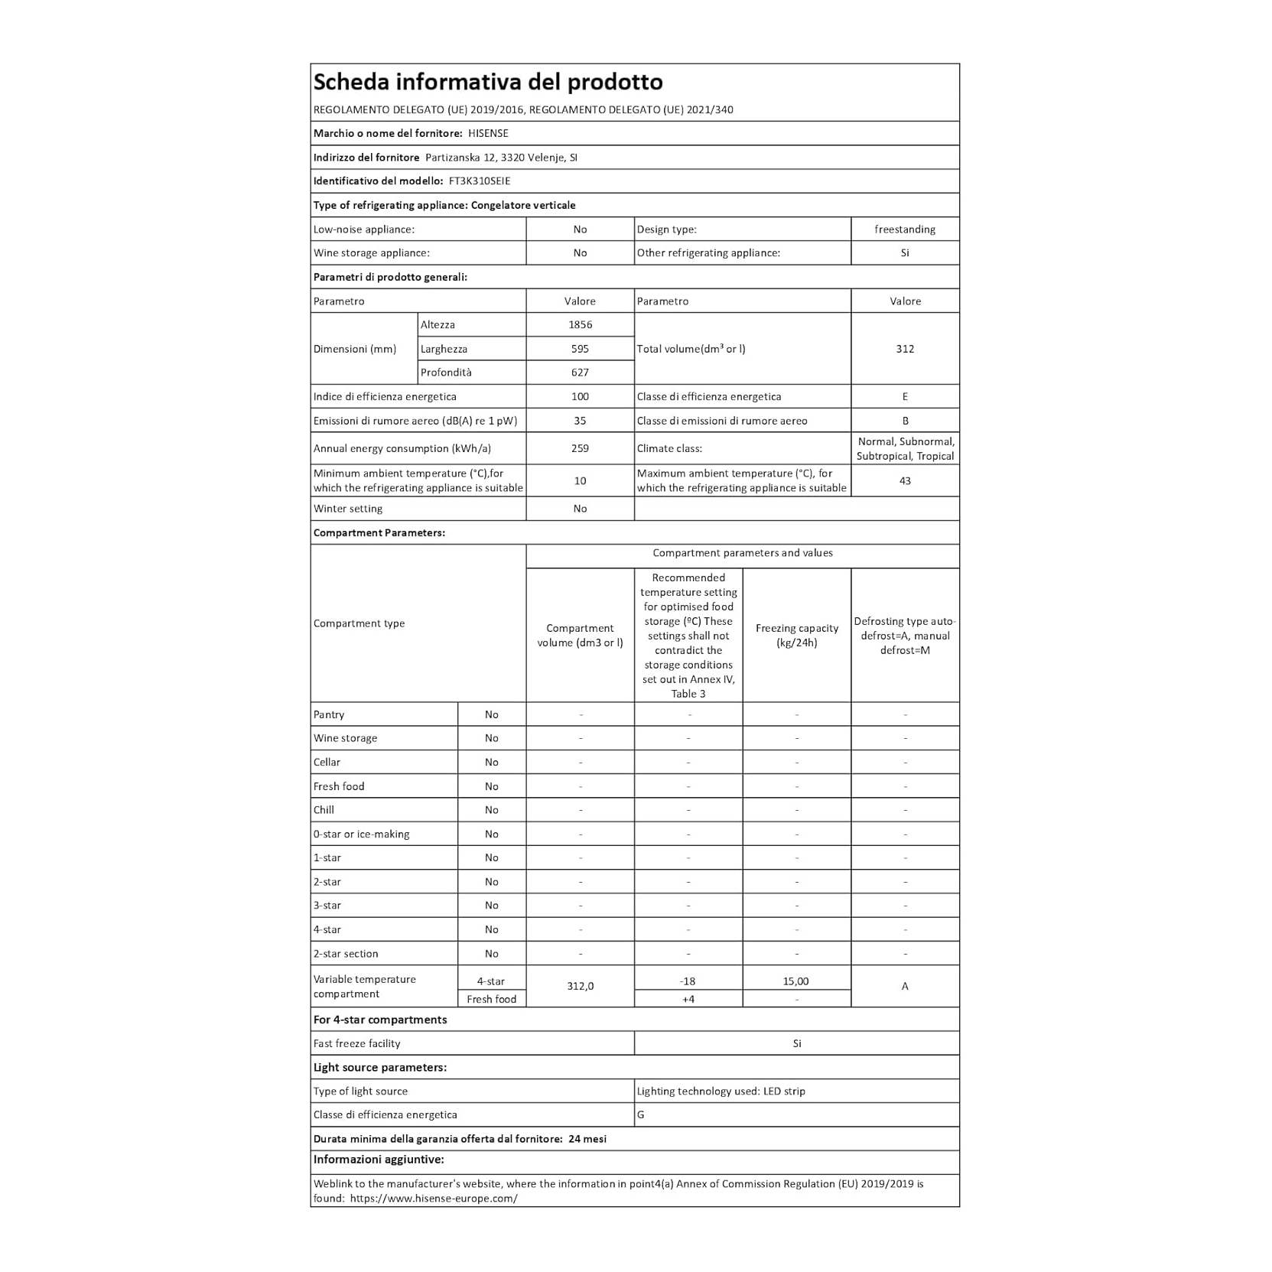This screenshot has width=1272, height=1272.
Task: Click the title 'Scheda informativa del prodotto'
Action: pos(488,82)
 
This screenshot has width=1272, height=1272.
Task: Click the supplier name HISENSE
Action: pos(488,133)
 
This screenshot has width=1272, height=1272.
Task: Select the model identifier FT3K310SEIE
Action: pos(480,181)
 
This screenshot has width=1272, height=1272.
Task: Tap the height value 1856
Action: pos(580,324)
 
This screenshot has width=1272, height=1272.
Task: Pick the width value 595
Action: pos(580,349)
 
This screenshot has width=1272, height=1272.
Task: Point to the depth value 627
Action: pos(580,372)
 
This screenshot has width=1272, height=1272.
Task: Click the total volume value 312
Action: pos(905,349)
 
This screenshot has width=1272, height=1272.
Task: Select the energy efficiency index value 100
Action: pos(580,396)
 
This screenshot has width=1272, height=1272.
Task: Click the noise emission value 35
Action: pos(580,421)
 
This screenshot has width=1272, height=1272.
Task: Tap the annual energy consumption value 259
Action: pos(580,448)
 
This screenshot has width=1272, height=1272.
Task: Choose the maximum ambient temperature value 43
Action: pos(905,480)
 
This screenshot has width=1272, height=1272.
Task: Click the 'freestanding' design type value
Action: pos(905,229)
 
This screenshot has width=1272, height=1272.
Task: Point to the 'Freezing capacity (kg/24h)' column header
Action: pos(796,635)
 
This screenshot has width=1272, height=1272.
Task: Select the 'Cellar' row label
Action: pos(327,762)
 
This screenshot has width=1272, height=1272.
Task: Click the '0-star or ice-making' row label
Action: pos(361,834)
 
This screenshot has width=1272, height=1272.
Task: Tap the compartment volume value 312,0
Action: pos(580,986)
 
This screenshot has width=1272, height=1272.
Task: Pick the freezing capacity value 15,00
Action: pos(796,981)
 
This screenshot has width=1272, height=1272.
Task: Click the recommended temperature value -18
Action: pos(688,981)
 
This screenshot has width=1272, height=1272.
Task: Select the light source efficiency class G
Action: pos(641,1115)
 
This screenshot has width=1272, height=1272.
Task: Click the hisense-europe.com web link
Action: pos(434,1199)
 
